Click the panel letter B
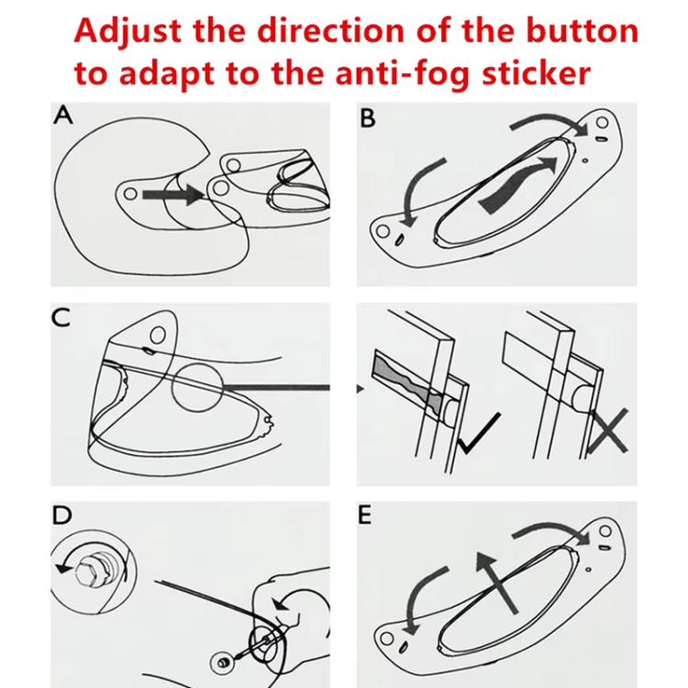point(369,119)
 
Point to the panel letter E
point(366,516)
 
